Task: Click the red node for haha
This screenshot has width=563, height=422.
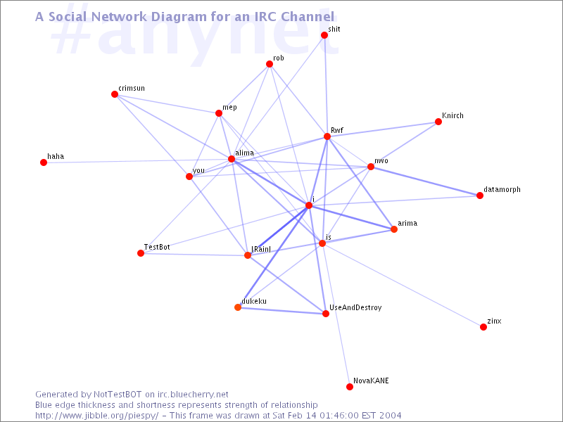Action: [44, 162]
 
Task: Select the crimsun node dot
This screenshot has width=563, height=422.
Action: [115, 94]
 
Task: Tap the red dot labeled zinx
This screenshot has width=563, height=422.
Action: [483, 327]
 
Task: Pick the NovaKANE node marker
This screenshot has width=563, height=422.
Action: [349, 386]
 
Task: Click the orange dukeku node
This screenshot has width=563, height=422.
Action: [238, 307]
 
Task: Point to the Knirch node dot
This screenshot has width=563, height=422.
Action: [438, 122]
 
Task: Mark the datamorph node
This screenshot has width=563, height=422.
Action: [480, 196]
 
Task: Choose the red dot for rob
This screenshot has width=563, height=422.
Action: [270, 64]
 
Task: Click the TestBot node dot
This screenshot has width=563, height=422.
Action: [141, 253]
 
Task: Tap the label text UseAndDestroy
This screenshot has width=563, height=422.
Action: [355, 307]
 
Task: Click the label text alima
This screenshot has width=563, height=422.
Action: [244, 153]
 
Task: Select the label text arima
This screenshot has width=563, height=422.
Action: [407, 223]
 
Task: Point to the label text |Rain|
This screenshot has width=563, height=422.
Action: [261, 249]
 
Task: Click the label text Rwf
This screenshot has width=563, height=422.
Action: [337, 130]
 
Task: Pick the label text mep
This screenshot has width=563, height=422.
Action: [229, 108]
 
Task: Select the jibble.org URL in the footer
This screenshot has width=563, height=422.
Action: [96, 416]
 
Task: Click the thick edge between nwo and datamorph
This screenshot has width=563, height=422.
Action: [425, 181]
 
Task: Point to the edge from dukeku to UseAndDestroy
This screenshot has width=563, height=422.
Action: [281, 310]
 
